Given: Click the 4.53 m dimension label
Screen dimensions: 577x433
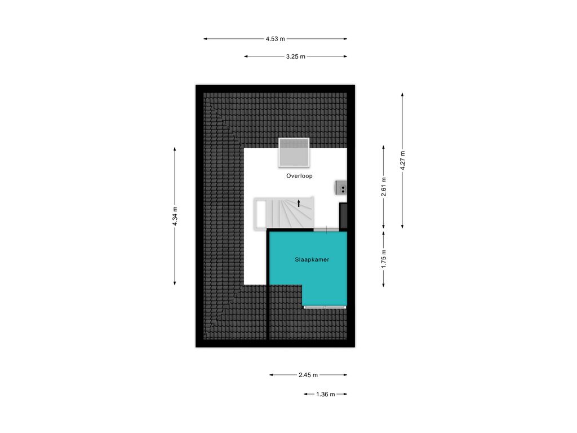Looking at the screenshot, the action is (x=275, y=39).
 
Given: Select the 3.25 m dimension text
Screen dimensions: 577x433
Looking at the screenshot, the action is (x=295, y=56).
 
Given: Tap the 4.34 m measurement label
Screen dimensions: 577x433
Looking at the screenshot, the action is (x=175, y=216).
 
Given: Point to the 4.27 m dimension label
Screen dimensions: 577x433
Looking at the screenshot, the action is (x=402, y=161).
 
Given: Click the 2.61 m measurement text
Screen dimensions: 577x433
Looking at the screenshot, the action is (x=383, y=187).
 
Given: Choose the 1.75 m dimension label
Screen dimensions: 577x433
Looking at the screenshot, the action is (x=383, y=259).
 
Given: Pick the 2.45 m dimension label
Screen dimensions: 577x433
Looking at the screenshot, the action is (x=308, y=375).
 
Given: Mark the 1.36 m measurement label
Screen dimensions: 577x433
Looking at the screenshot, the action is (x=326, y=394).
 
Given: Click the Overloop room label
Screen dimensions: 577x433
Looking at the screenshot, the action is (x=300, y=176).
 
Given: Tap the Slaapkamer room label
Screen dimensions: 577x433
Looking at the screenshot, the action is (x=312, y=259).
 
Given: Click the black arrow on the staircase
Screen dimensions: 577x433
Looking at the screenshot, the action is (x=299, y=203).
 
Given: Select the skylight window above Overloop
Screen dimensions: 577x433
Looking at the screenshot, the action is (x=294, y=152).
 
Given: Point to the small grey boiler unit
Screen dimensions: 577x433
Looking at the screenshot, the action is (x=341, y=187).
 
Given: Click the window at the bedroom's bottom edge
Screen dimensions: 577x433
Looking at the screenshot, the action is (x=325, y=307).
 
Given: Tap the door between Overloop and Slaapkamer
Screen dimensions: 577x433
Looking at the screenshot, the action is (x=326, y=230).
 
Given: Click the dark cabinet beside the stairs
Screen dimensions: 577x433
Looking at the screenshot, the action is (x=343, y=215).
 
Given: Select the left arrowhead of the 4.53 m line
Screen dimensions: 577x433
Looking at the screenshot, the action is (x=205, y=39).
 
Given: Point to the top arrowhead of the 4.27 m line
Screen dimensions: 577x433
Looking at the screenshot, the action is (x=402, y=95).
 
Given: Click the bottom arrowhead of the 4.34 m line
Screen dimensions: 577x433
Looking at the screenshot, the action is (x=175, y=283).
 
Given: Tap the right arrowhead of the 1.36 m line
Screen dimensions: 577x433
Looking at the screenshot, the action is (x=345, y=394).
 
